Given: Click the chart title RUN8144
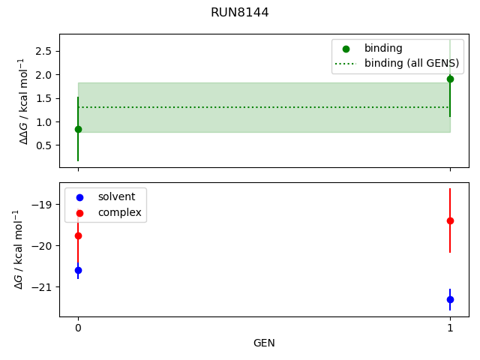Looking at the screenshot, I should pos(239,13).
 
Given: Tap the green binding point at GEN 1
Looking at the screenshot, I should pos(450,79).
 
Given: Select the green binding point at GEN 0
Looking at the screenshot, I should pos(78,129).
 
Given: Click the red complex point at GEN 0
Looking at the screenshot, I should pos(78,235).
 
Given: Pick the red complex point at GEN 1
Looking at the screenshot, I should pos(450,220).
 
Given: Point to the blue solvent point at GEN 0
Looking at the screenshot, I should pos(78,270).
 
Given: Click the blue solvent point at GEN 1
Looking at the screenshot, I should pos(450,299).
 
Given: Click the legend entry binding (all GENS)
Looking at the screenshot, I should pos(411,63).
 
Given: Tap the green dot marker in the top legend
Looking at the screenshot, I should pos(344,48).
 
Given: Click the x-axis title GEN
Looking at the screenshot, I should pos(264,343).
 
